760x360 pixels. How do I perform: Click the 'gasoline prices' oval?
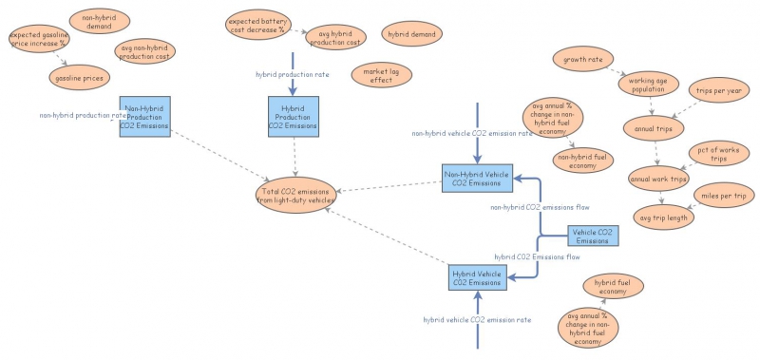79,77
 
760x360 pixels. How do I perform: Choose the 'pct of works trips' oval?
718,153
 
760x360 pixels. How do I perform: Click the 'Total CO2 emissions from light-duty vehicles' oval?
297,195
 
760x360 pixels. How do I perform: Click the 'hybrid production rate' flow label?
293,74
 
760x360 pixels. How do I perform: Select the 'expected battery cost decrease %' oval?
261,23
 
